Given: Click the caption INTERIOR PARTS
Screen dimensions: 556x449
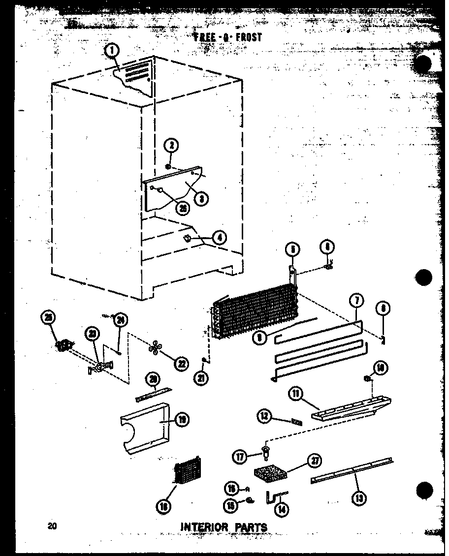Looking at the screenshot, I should tap(224, 527).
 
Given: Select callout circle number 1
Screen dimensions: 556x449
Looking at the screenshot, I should tap(113, 50).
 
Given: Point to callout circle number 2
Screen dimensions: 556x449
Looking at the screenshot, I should tap(172, 146).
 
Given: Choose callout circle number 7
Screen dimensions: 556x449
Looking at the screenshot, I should tap(355, 301).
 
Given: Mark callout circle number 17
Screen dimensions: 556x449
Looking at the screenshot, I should tap(239, 457).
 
